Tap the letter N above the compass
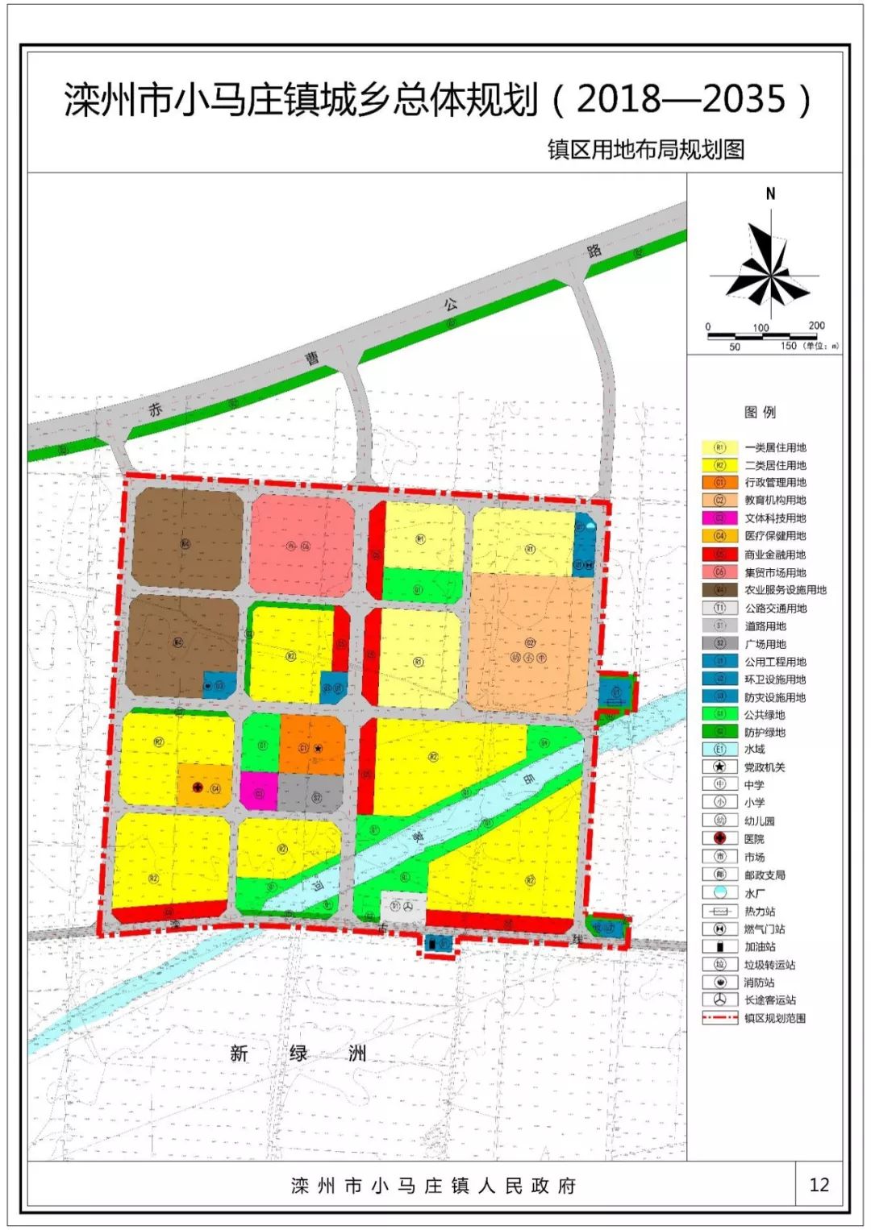[x=770, y=193]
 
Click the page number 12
[x=819, y=1184]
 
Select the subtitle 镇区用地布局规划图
[x=645, y=150]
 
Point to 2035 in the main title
[x=743, y=100]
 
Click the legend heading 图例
[x=760, y=413]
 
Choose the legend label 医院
[x=754, y=839]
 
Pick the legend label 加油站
[x=760, y=947]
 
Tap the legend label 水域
[x=754, y=750]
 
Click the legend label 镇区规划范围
[x=774, y=1018]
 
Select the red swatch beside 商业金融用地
[x=719, y=555]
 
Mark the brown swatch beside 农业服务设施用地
[x=719, y=590]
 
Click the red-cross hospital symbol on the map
[x=198, y=787]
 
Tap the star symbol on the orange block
[x=319, y=749]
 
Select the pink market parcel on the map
[x=302, y=546]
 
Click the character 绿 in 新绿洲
[x=298, y=1053]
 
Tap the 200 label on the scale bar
[x=816, y=326]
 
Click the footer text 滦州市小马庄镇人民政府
[x=434, y=1186]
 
